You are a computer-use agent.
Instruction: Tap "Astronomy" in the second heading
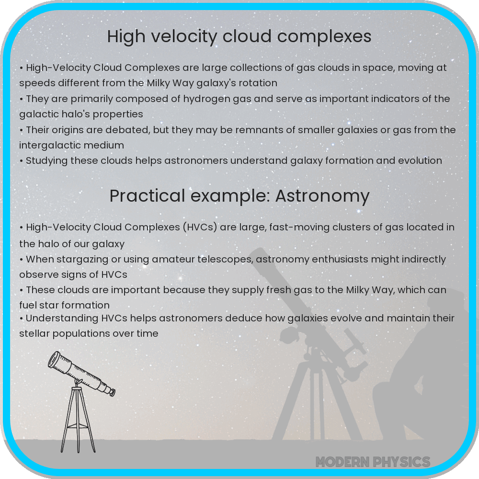click(x=322, y=196)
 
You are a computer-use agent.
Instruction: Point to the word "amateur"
click(x=174, y=259)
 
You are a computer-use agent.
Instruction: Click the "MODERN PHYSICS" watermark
click(x=373, y=462)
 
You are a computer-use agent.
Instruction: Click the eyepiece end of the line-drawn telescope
click(x=112, y=392)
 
